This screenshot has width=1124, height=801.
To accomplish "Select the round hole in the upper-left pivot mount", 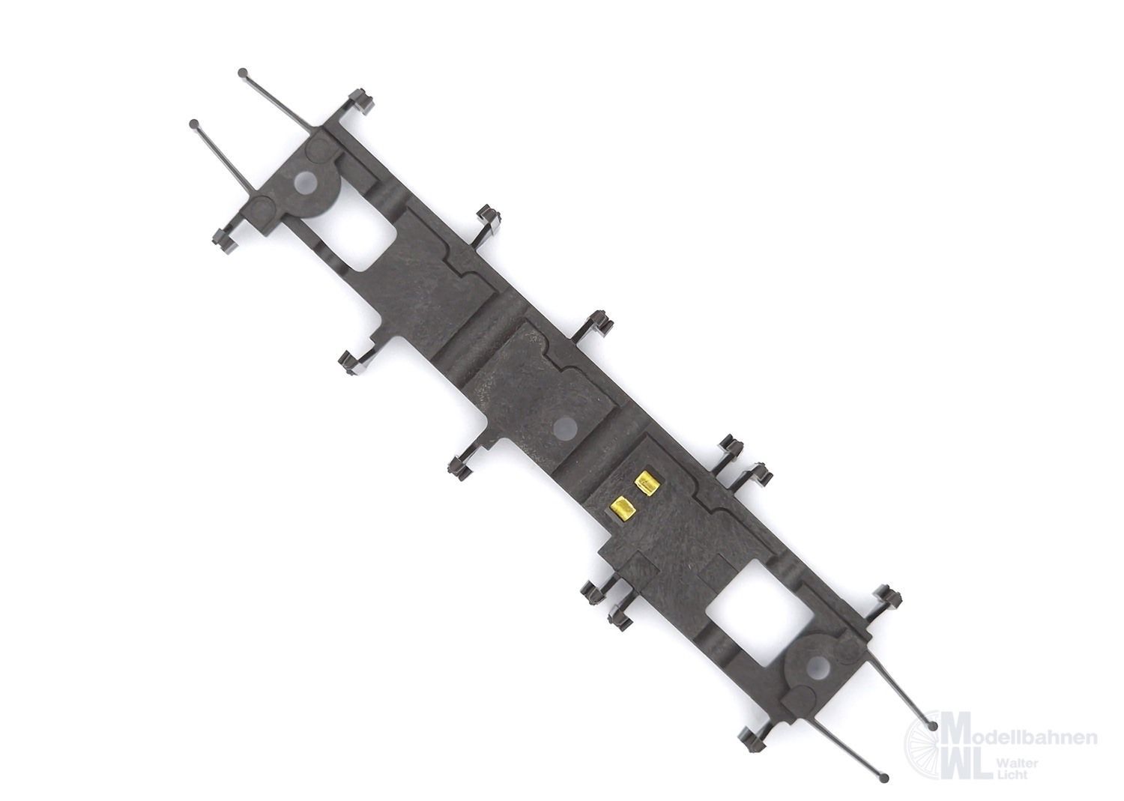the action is click(x=304, y=183).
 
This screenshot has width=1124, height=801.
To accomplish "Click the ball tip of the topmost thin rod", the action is click(x=243, y=72).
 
